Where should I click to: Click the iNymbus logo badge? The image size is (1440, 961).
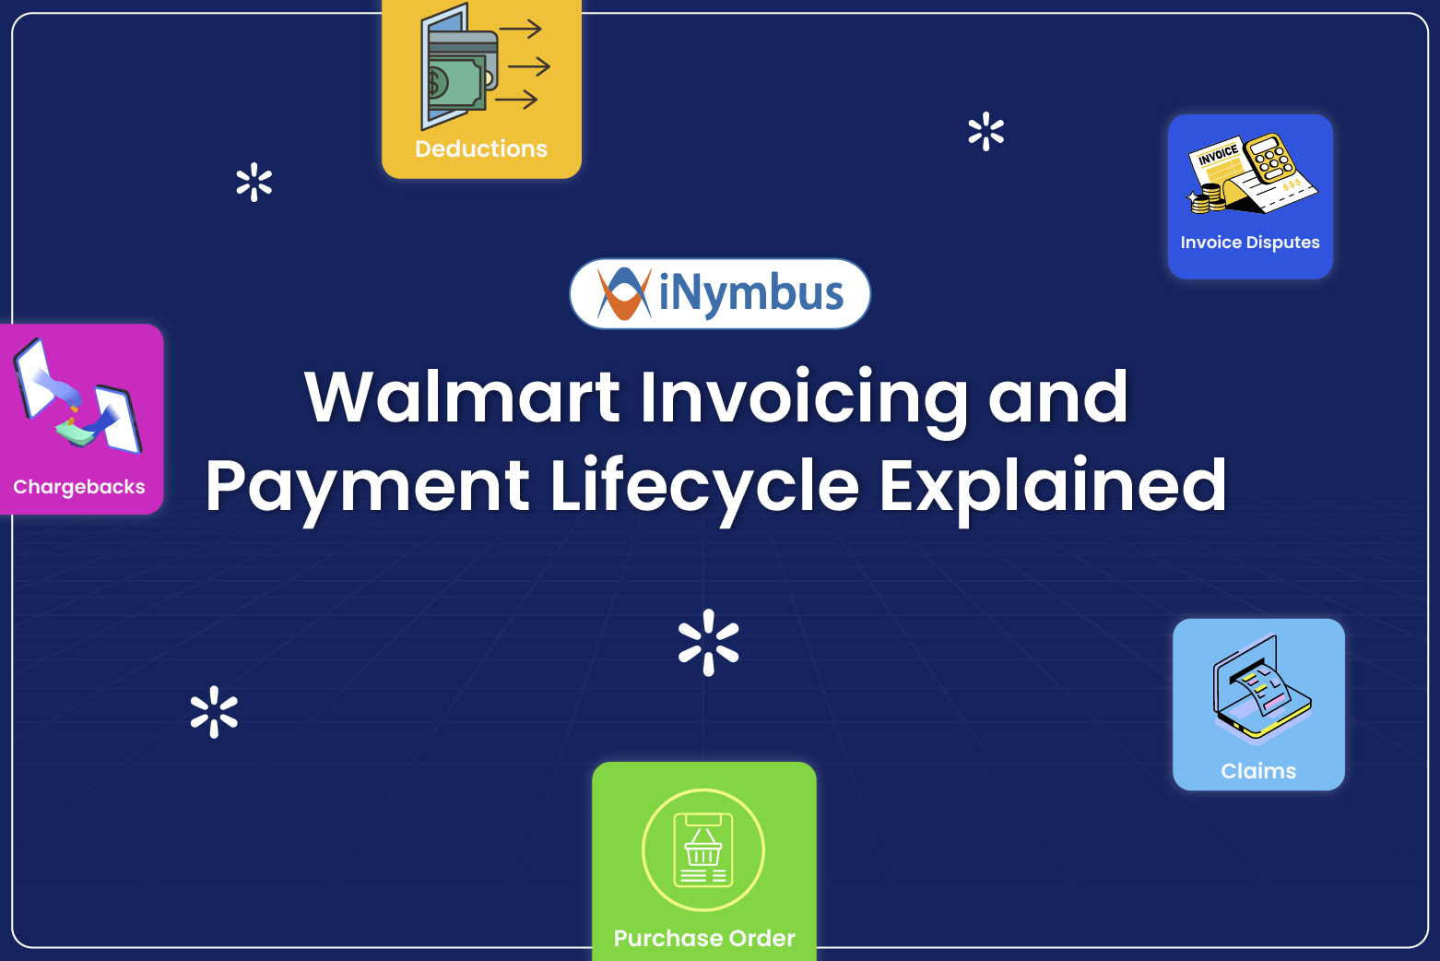tap(719, 293)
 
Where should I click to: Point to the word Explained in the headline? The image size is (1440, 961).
tap(1052, 486)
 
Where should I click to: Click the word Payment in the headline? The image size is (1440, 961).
tap(367, 486)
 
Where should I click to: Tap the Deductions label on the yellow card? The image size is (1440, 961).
tap(481, 148)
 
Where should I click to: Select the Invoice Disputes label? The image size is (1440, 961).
tap(1249, 243)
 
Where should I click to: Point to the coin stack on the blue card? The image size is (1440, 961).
tap(1207, 197)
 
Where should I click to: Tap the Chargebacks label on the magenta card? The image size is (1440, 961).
tap(79, 487)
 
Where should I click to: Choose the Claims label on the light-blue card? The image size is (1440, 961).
tap(1258, 771)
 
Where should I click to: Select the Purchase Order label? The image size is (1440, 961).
tap(704, 938)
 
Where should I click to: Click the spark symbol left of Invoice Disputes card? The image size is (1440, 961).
tap(986, 132)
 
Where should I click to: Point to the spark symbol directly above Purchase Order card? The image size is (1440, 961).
tap(708, 642)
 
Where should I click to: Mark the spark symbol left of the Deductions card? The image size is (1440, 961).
tap(254, 183)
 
